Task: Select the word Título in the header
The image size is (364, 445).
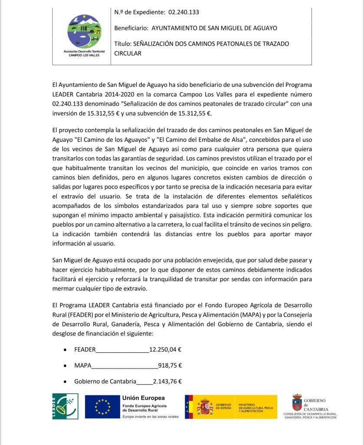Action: click(x=122, y=44)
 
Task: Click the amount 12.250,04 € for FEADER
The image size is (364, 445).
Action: click(x=165, y=349)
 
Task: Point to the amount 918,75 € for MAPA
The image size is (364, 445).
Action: click(x=170, y=365)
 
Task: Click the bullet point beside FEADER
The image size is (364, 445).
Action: click(x=65, y=349)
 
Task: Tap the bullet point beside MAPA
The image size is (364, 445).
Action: click(x=65, y=365)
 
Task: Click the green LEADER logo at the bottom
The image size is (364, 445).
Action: click(x=66, y=406)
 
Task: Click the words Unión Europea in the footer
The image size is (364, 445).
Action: click(x=144, y=398)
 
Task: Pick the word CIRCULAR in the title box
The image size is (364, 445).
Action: click(x=128, y=53)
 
